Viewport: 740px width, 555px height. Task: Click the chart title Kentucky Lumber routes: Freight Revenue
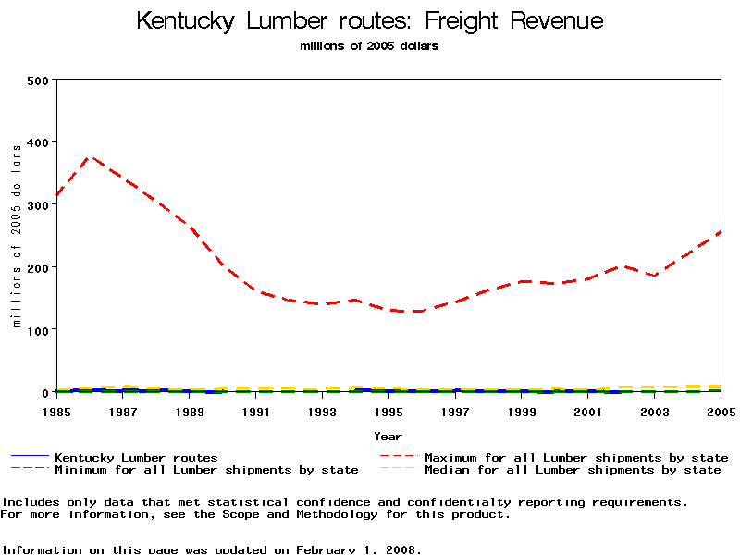coord(370,20)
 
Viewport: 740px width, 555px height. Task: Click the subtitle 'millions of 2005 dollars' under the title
coord(369,46)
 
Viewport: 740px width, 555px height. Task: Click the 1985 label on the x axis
coord(57,411)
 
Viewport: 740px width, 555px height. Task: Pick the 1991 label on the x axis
coord(256,411)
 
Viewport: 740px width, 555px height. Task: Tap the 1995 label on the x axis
coord(388,411)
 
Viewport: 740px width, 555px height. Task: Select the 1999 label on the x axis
coord(522,411)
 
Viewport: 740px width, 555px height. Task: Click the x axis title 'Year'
coord(388,436)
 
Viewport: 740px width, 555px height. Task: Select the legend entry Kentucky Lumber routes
coord(136,458)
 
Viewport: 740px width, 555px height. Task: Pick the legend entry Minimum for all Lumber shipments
coord(206,470)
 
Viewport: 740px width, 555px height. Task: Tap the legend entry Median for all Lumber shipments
coord(572,470)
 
